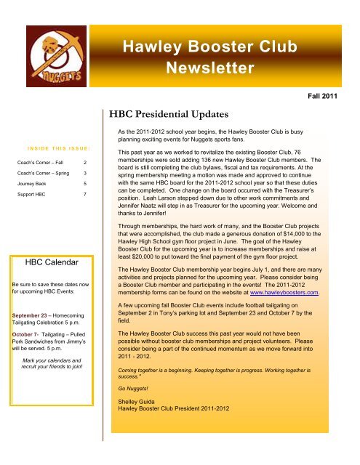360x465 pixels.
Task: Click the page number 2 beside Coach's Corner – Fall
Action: (x=86, y=163)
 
